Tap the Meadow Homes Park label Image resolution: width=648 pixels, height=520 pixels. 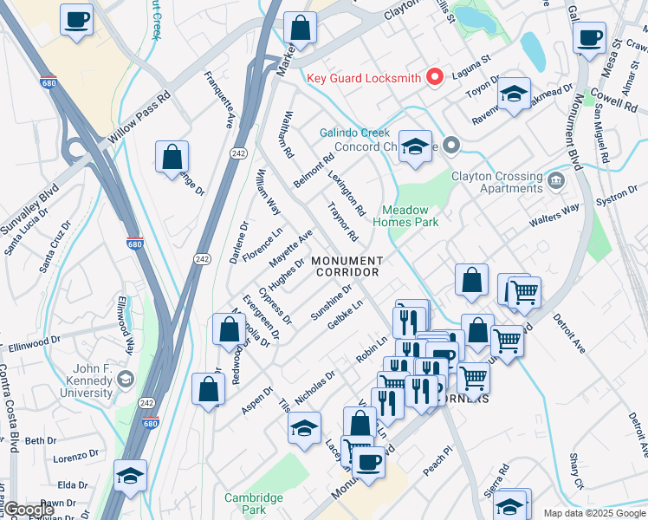pyautogui.click(x=405, y=216)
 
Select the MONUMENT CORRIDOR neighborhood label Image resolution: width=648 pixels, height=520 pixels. pyautogui.click(x=346, y=266)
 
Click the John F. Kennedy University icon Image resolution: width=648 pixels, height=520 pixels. pyautogui.click(x=126, y=379)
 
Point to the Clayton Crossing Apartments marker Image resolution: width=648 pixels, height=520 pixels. pyautogui.click(x=555, y=181)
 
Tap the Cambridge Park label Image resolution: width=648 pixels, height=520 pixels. pyautogui.click(x=253, y=504)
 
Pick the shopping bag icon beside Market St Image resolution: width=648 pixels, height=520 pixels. pyautogui.click(x=300, y=29)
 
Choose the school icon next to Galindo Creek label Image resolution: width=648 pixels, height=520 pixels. pyautogui.click(x=415, y=146)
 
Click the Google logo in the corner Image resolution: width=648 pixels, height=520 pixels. pyautogui.click(x=29, y=510)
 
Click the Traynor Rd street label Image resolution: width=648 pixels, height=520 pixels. pyautogui.click(x=342, y=223)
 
